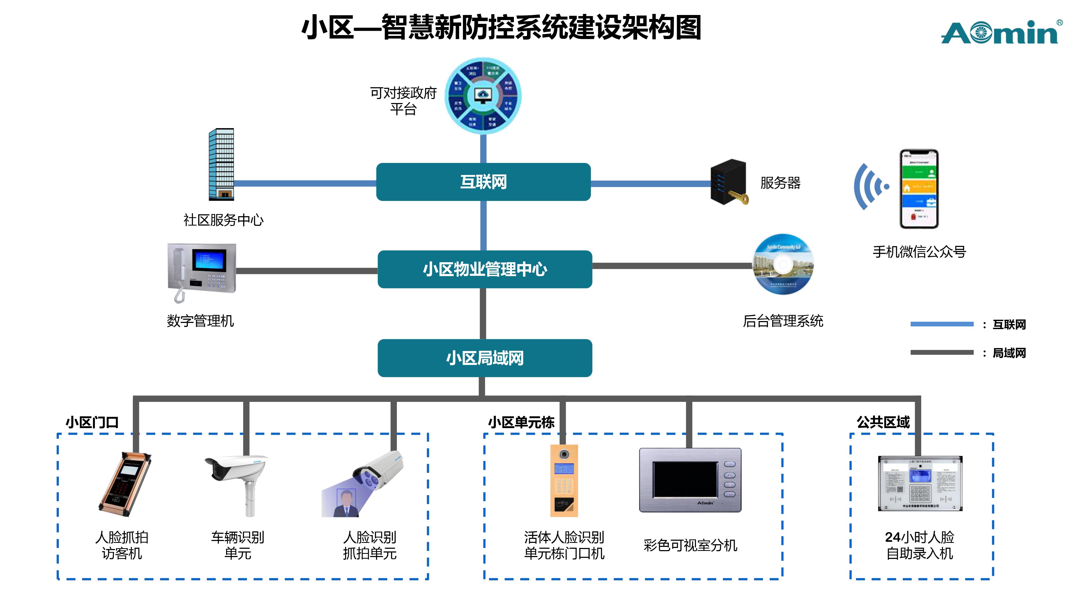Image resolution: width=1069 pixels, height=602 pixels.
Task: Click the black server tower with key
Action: click(x=728, y=182)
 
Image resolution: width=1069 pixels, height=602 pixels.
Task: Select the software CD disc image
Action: click(x=783, y=265)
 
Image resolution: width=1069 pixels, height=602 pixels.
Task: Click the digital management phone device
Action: click(x=202, y=270)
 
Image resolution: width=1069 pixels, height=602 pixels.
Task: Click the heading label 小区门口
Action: click(x=92, y=422)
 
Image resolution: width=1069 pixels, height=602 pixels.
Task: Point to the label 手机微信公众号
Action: click(x=919, y=251)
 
